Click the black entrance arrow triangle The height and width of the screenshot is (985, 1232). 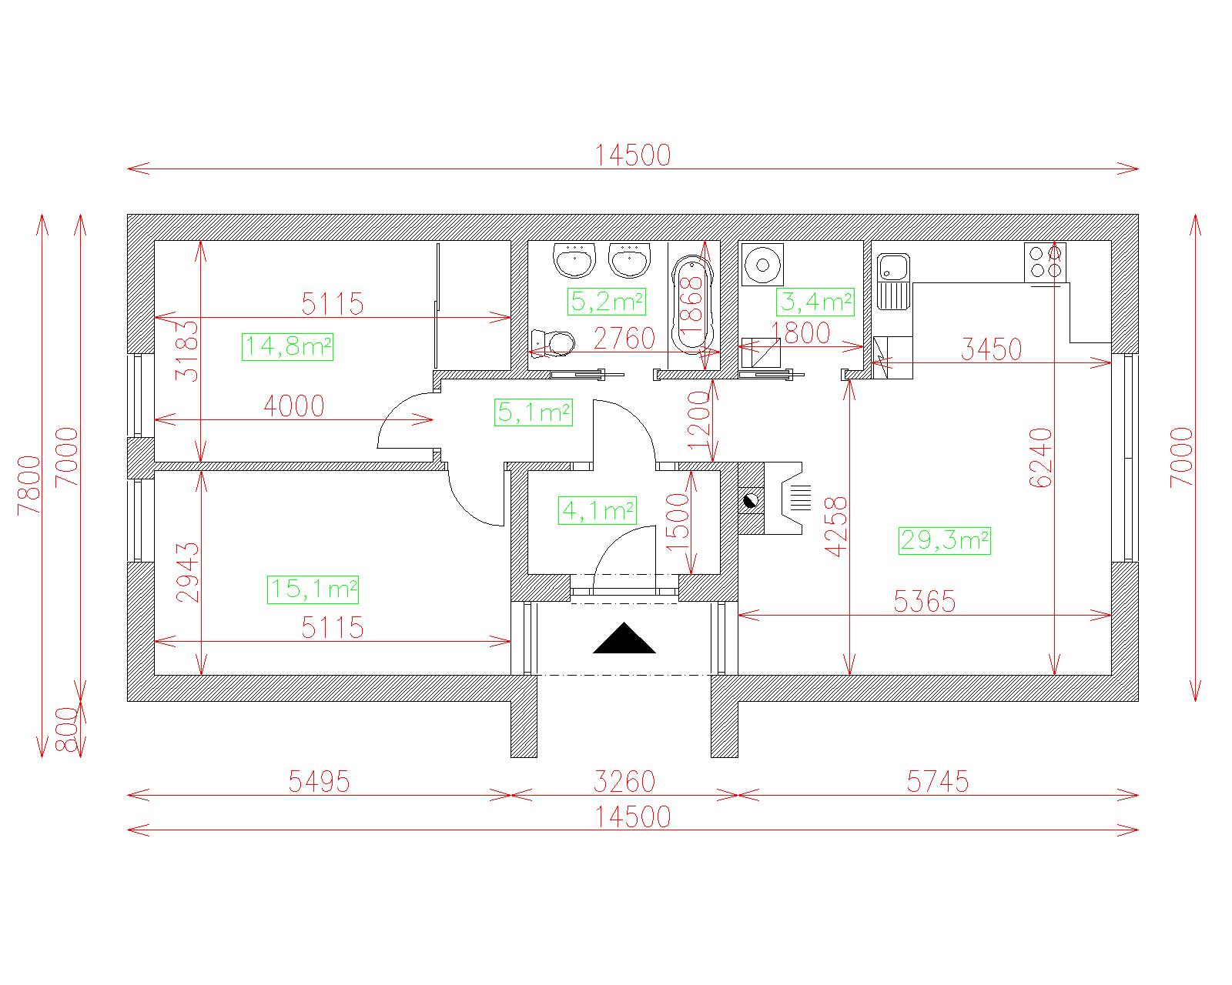pos(624,639)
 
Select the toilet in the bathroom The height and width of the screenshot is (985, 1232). pos(553,343)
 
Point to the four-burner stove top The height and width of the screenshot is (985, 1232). pos(1046,262)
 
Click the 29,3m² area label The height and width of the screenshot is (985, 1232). pos(945,541)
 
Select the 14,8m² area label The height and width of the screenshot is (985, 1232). pos(288,347)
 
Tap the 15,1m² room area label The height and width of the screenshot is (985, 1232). pos(313,589)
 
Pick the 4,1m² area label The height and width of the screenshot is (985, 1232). pos(598,510)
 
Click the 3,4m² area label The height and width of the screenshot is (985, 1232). pos(815,302)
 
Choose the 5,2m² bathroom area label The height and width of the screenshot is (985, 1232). pos(607,302)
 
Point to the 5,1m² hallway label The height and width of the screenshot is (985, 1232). pos(534,412)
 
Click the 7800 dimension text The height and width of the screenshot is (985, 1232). pos(30,486)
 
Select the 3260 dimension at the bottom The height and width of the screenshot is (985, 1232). pos(624,782)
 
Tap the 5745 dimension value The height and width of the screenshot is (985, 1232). pos(938,782)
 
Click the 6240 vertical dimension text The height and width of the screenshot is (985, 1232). pos(1041,458)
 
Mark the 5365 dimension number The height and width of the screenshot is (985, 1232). pos(925,602)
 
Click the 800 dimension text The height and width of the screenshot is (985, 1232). pos(68,730)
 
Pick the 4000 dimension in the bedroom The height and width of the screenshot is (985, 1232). pos(293,406)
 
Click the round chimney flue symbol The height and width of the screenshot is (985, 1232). pos(751,502)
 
